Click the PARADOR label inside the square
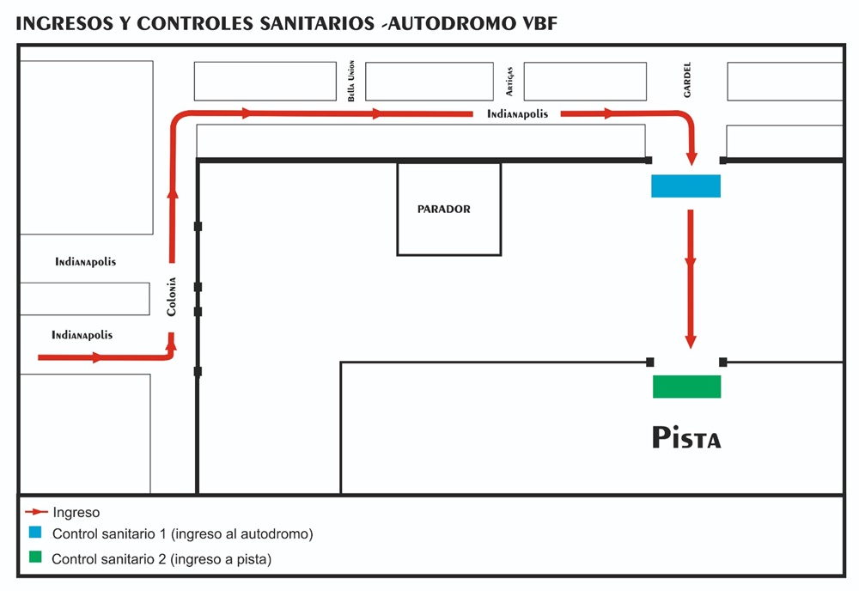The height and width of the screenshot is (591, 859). coord(444,209)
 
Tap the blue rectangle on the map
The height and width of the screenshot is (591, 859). coord(685,186)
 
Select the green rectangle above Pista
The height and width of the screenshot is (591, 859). coord(686,387)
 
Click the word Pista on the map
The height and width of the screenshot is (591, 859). coord(686,437)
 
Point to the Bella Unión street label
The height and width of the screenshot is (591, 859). coord(351,82)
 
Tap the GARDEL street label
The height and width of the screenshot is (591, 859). coord(687,79)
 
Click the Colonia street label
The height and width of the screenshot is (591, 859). coord(172,295)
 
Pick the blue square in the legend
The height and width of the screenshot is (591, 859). coord(34,533)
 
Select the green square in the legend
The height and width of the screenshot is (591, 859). coord(34,557)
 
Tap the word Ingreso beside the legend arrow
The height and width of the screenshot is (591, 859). coord(76,513)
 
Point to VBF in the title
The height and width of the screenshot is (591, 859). coord(538,23)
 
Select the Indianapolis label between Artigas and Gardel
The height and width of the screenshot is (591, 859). coord(517,114)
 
